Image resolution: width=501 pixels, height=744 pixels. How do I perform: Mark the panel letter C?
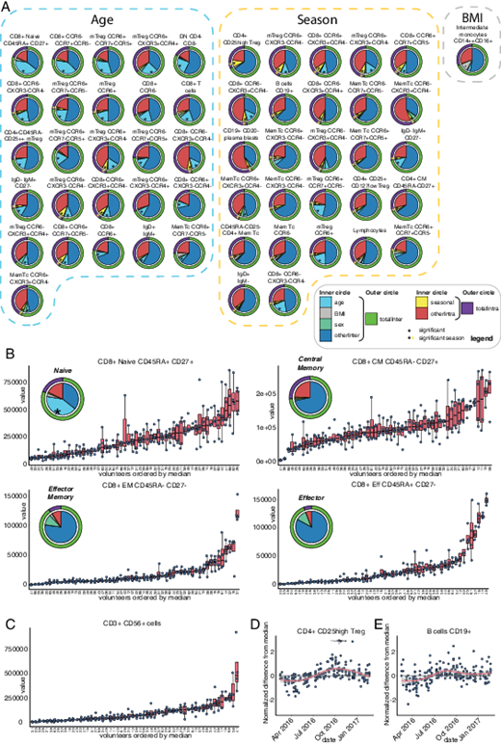[7, 624]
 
